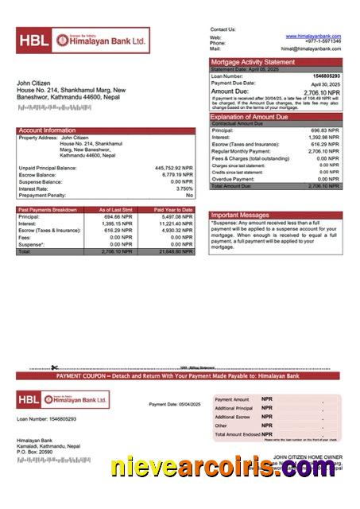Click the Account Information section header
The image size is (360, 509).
[47, 130]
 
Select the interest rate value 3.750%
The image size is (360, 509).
[184, 188]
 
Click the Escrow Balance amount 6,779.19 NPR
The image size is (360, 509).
[176, 175]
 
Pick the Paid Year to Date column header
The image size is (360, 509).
[173, 209]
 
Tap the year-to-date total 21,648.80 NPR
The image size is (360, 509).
[175, 251]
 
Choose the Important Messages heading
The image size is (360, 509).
[240, 215]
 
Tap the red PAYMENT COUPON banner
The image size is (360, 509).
[180, 375]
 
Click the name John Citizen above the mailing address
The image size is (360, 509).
[34, 83]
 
